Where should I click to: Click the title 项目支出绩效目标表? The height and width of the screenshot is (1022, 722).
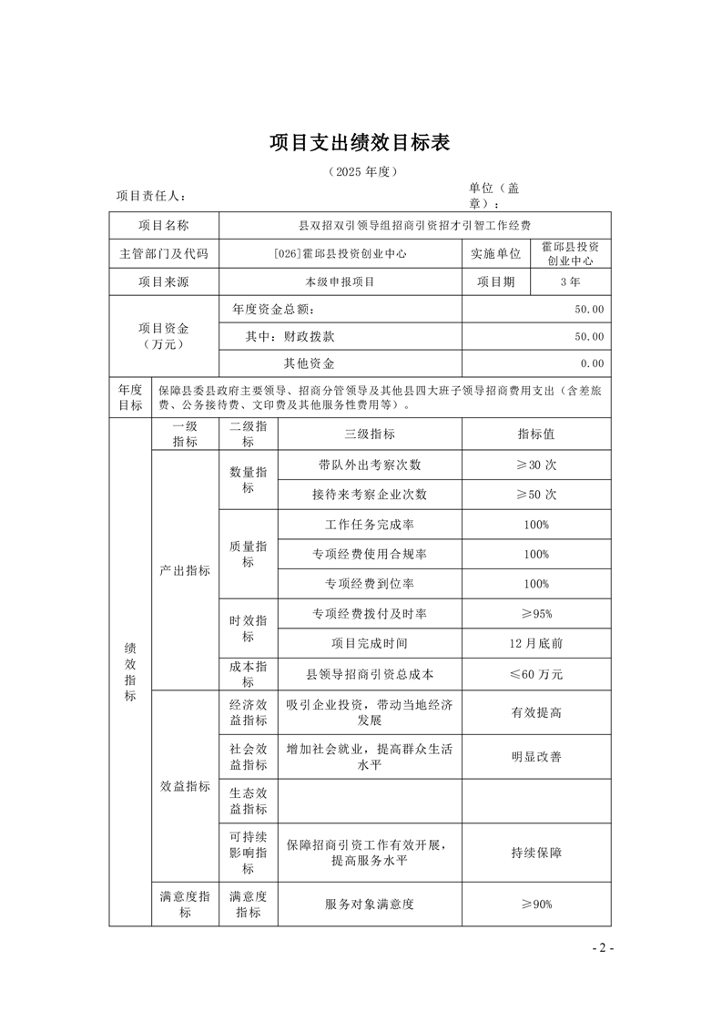pos(361,143)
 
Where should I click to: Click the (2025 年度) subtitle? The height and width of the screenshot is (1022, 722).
pos(361,171)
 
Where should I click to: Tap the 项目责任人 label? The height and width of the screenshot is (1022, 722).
pos(151,196)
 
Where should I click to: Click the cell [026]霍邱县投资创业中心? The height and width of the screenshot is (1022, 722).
pos(340,254)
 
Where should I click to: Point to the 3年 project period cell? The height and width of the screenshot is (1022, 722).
pos(571,282)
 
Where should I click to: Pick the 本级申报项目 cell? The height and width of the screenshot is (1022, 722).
pos(340,282)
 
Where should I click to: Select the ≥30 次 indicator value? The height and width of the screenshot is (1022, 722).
pos(536,465)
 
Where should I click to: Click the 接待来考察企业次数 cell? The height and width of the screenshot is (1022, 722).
pos(369,495)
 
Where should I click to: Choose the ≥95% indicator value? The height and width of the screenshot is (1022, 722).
pos(536,613)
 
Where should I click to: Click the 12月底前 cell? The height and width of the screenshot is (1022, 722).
pos(536,643)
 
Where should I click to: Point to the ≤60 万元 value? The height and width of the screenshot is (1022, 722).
pos(536,675)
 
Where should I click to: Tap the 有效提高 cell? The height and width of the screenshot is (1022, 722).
pos(536,712)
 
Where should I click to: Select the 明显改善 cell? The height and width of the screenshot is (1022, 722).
pos(536,756)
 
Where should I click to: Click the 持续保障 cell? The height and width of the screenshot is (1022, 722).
pos(536,853)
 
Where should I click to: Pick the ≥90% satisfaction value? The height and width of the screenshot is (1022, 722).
pos(536,904)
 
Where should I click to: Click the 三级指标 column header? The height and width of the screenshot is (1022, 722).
pos(369,434)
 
